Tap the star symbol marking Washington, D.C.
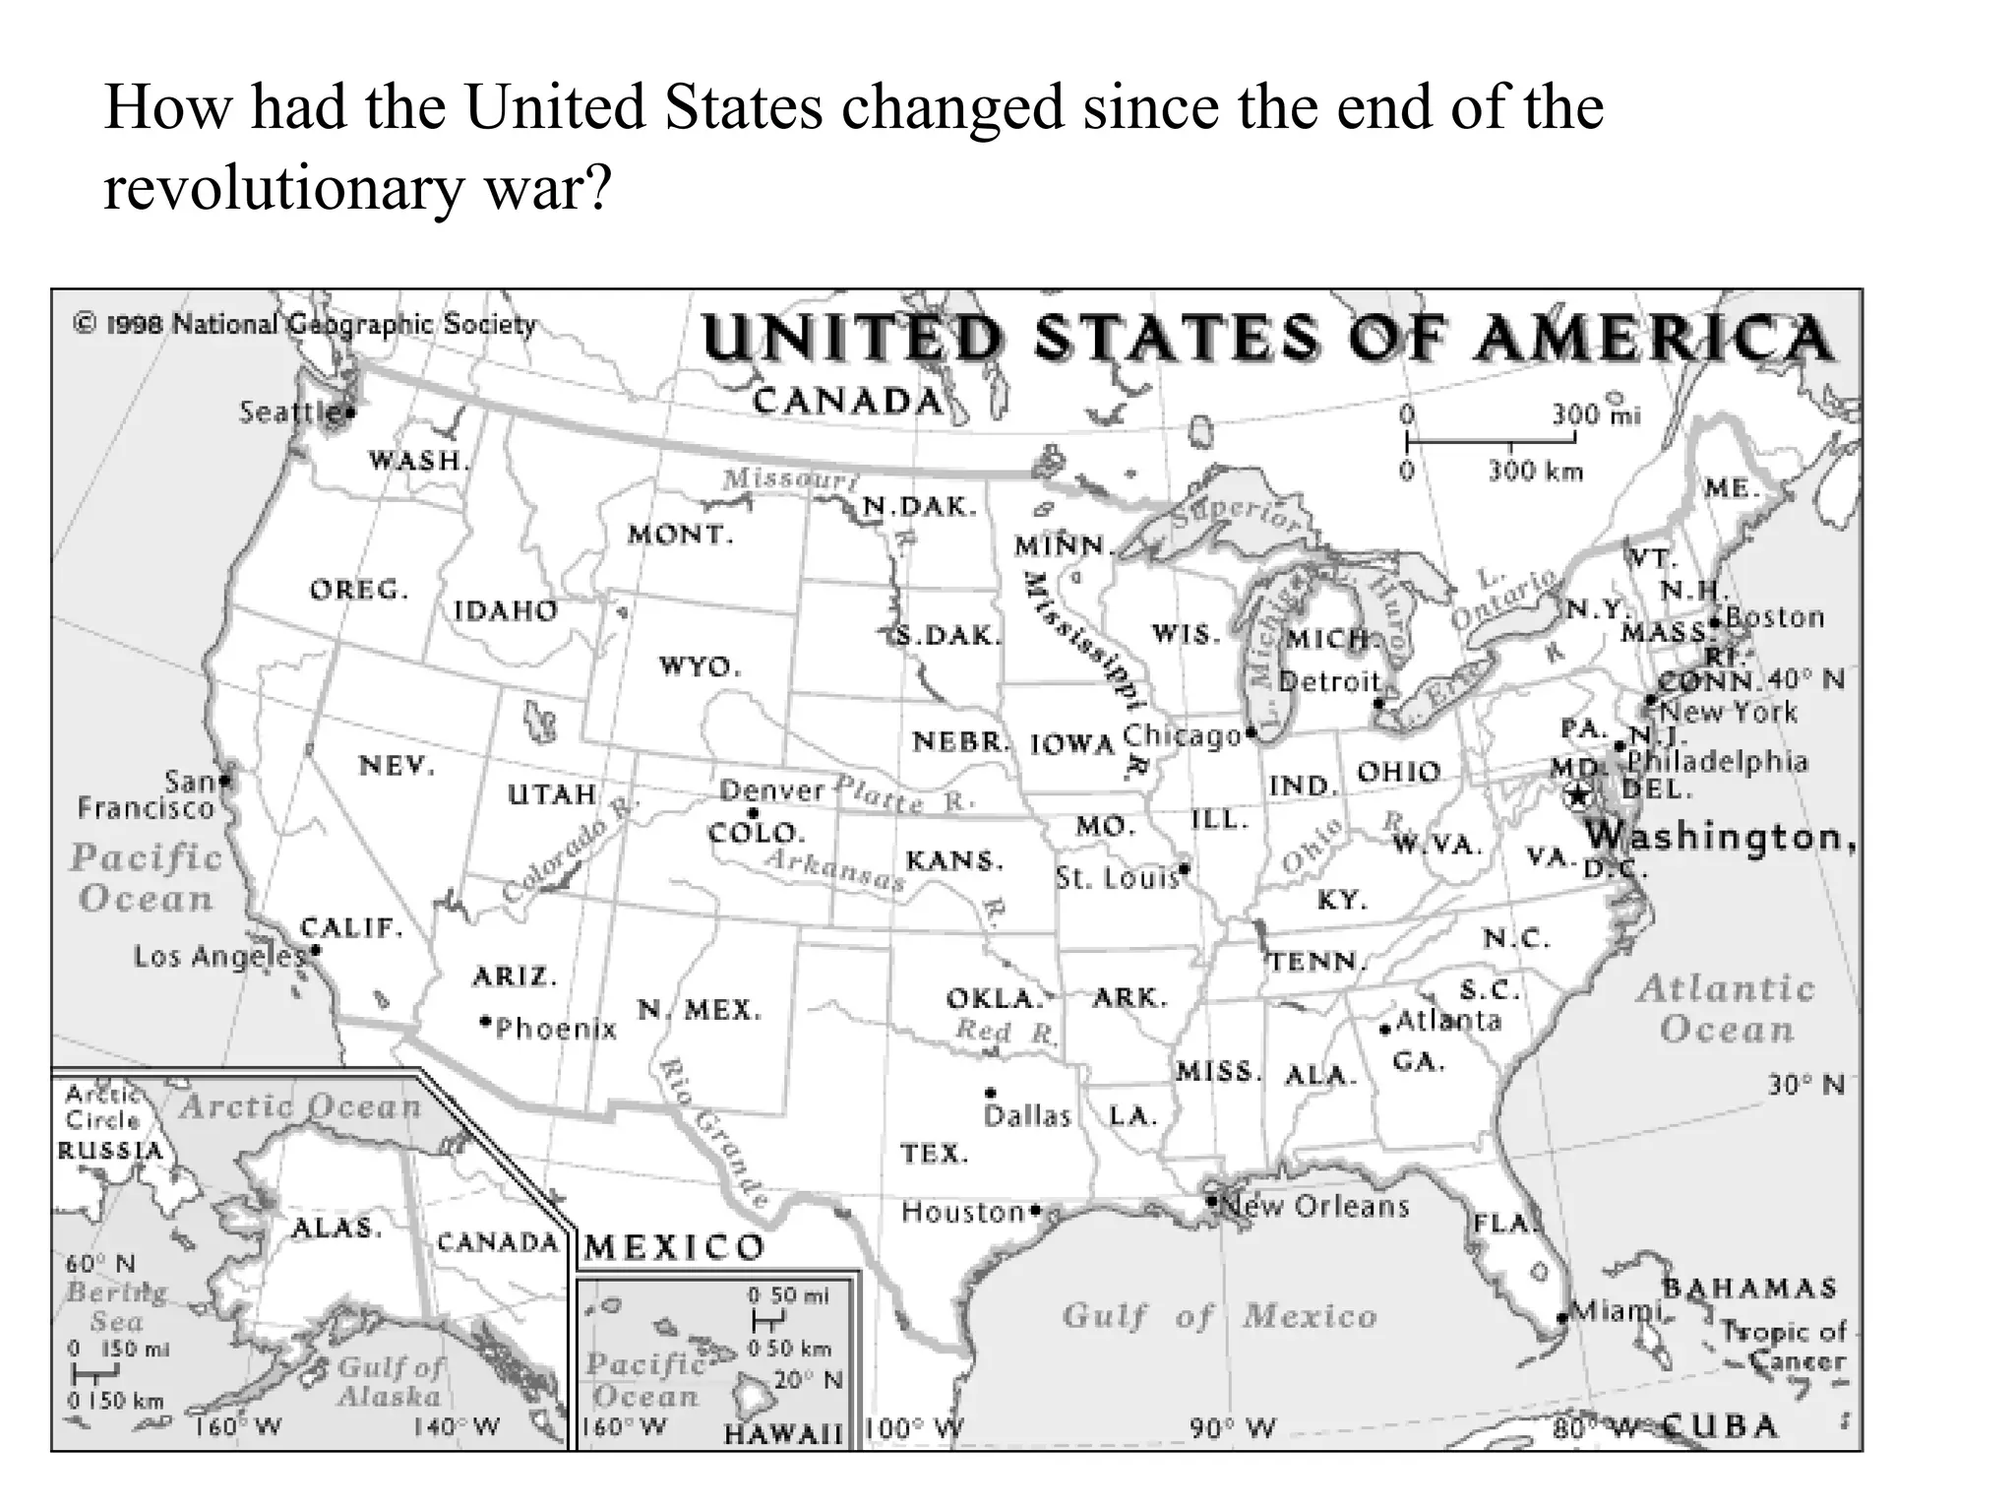1577,794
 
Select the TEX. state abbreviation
934,1153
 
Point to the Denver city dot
753,813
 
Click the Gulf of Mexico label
1219,1316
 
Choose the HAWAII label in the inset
784,1434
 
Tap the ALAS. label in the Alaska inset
336,1228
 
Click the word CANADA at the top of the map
848,401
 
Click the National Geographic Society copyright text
305,324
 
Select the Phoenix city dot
485,1021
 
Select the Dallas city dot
991,1092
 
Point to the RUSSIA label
110,1151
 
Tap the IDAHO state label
506,611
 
